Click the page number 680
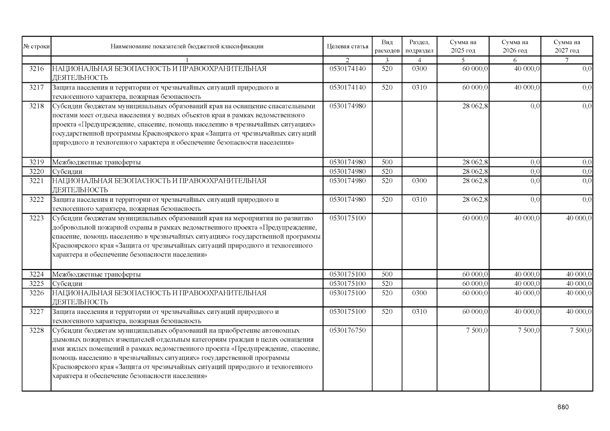coord(563,407)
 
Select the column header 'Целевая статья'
coord(347,46)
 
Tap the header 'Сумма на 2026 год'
coord(515,46)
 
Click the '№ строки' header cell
coord(36,46)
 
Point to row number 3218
coord(36,106)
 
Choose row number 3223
coord(36,218)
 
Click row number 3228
coord(36,330)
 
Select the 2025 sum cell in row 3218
coord(475,106)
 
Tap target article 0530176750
coord(347,330)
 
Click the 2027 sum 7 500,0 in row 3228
coord(581,330)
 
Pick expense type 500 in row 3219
coord(387,162)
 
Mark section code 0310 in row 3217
coord(419,88)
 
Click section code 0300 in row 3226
coord(419,293)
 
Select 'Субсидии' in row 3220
coord(67,172)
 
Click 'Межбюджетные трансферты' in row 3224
coord(96,274)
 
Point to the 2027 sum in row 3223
coord(579,218)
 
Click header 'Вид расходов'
coord(387,46)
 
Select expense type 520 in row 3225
coord(387,284)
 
